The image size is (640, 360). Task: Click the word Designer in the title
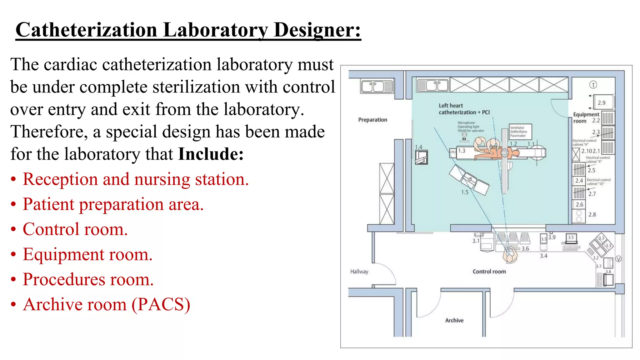317,30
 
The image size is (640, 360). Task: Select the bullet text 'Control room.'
75,229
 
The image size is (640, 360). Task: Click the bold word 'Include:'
211,154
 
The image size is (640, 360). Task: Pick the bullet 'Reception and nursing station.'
136,179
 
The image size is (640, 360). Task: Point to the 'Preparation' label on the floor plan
372,120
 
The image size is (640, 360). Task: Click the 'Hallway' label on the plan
359,272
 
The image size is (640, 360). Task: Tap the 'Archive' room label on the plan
454,320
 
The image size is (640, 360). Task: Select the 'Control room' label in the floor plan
489,272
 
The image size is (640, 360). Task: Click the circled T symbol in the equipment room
593,85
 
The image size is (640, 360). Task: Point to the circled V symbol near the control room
618,259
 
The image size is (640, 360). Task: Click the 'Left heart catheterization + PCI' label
464,109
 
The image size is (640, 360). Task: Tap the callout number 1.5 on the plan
465,192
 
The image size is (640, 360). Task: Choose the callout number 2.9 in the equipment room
601,102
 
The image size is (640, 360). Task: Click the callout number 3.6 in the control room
525,249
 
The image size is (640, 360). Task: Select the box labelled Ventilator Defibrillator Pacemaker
520,132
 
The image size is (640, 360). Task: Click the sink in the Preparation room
377,86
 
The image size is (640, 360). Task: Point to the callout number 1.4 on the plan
418,147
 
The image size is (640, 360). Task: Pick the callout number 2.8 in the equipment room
592,215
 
